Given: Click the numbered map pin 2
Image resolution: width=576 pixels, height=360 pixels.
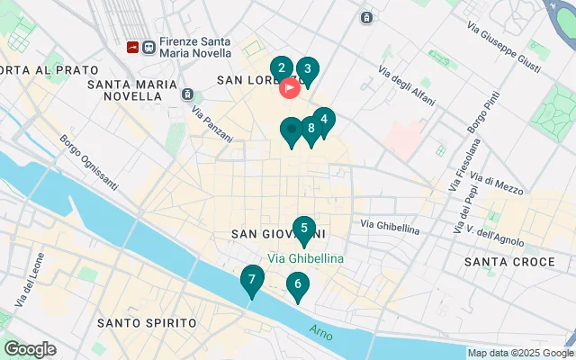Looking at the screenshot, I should [282, 68].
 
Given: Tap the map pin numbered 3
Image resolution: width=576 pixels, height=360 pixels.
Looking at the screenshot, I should [307, 69].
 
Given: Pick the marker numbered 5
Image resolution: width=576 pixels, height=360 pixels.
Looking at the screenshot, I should [304, 229].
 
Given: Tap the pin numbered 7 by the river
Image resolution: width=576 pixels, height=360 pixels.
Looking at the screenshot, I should [252, 280].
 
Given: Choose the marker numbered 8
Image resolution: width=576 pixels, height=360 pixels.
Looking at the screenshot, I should [310, 129].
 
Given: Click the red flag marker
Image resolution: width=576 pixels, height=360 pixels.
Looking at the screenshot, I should [290, 87].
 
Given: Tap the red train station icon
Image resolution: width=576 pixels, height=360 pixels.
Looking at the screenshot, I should [133, 44].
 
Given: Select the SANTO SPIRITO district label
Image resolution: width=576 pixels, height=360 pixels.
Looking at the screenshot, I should [146, 322].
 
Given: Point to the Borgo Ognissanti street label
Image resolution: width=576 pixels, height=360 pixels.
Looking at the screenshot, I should [88, 162].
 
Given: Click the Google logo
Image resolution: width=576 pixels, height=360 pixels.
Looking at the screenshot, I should [30, 349].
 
